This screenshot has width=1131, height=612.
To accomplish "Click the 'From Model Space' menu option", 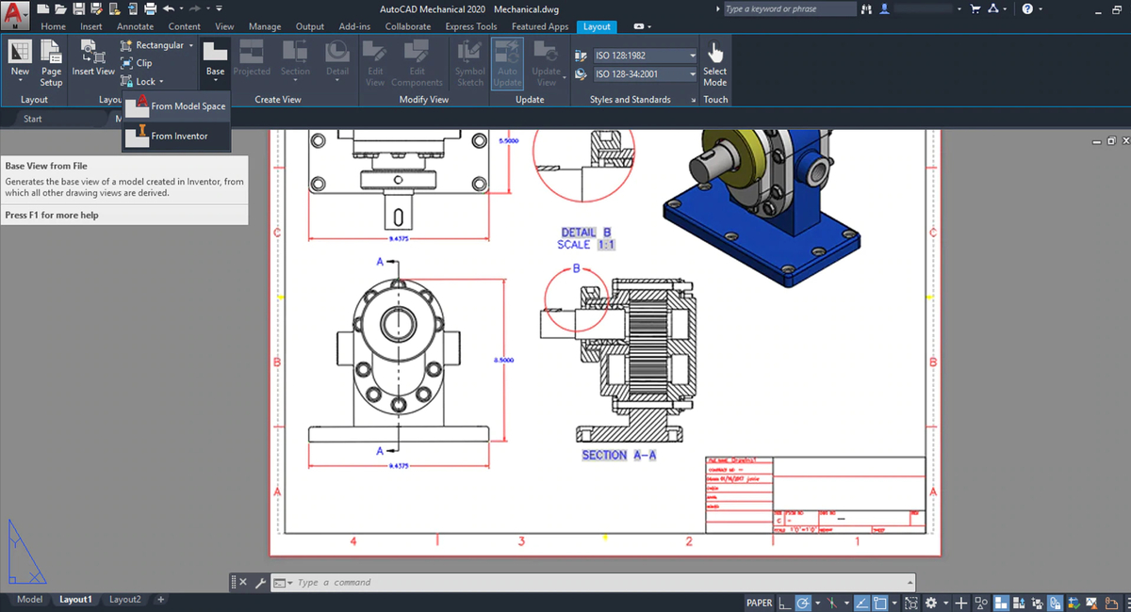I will point(188,106).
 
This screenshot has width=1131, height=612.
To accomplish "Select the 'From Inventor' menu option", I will point(179,137).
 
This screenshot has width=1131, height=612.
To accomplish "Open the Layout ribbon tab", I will point(597,26).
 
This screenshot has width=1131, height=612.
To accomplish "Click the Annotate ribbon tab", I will point(135,26).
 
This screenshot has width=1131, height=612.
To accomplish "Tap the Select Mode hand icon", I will point(715,53).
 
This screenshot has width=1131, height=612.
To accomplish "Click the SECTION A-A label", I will point(618,456).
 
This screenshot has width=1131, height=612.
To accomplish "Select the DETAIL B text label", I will point(586,233).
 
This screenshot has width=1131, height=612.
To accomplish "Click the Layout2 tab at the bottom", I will point(124,600).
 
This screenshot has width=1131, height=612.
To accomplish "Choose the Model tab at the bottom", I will point(29,600).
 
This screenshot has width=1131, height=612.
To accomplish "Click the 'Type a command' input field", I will point(594,583).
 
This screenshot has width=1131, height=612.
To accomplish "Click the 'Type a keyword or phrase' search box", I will point(787,9).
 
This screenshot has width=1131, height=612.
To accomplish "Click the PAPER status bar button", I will point(759,603).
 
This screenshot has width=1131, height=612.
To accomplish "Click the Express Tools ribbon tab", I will point(472,26).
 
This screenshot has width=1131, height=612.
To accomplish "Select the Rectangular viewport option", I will point(159,45).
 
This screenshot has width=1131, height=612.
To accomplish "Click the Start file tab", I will point(33,120).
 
